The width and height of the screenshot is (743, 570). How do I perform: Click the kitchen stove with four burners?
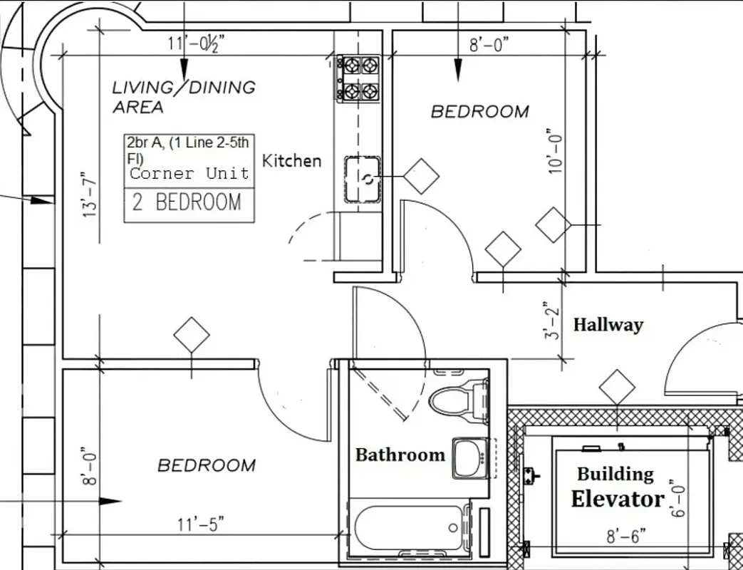pos(360,78)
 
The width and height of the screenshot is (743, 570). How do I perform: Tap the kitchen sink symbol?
pos(363,179)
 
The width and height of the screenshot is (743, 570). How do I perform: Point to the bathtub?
pos(409,527)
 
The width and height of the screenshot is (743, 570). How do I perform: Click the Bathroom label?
pos(400,455)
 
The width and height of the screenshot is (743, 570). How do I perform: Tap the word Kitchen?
pos(291,161)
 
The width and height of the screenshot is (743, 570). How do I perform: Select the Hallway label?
pos(608,325)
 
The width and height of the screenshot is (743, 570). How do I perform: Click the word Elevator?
pos(617,499)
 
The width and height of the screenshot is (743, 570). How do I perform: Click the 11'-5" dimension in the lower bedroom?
pos(200,525)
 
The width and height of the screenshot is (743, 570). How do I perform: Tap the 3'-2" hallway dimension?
pos(554,320)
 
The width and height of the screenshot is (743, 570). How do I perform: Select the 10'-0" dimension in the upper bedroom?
pos(554,151)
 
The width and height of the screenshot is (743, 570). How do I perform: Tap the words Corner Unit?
pos(189,173)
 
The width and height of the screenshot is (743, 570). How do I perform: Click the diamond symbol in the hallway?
pos(616,388)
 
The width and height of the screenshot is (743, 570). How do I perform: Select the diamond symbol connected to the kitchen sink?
pos(421,176)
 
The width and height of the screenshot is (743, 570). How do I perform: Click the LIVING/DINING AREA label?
pos(183,97)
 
